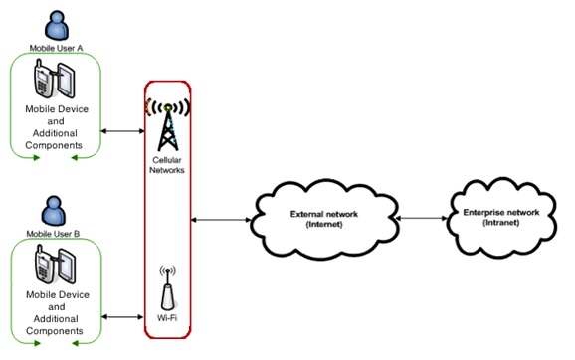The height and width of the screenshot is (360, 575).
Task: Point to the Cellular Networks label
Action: [166, 165]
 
